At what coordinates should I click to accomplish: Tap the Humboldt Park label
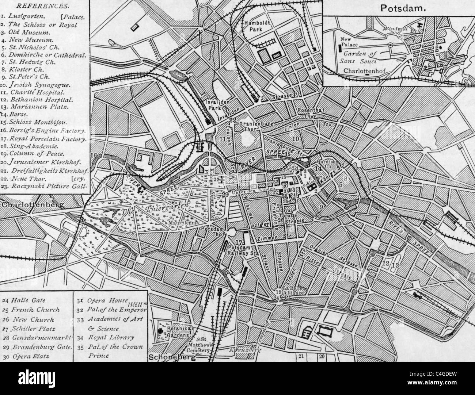coord(254,25)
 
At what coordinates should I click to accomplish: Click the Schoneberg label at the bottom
coord(172,357)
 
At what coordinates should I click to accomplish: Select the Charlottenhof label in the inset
coord(366,71)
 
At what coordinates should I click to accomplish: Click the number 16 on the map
coord(94,156)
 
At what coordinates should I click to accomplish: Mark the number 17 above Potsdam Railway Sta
coord(239,243)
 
